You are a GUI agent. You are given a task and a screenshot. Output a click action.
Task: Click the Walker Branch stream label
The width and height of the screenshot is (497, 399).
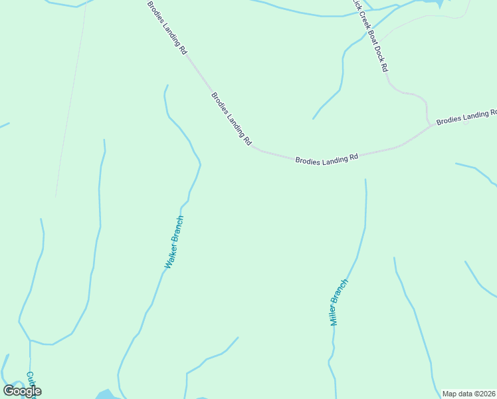(174, 242)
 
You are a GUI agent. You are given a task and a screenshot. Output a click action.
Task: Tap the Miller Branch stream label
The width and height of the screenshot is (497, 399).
(339, 302)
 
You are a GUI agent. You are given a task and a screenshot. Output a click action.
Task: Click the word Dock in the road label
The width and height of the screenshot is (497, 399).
(376, 46)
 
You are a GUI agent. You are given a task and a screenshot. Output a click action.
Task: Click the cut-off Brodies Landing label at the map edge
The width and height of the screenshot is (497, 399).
(466, 117)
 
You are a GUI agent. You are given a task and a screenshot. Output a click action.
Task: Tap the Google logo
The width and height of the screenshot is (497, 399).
(22, 391)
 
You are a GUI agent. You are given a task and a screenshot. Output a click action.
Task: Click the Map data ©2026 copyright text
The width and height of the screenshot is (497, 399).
(469, 394)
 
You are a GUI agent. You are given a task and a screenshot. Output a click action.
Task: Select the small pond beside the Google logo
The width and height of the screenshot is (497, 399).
(105, 394)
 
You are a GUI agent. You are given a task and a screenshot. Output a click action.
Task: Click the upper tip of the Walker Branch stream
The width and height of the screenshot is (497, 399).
(167, 86)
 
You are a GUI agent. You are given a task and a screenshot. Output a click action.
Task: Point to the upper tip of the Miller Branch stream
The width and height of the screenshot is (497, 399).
(365, 180)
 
